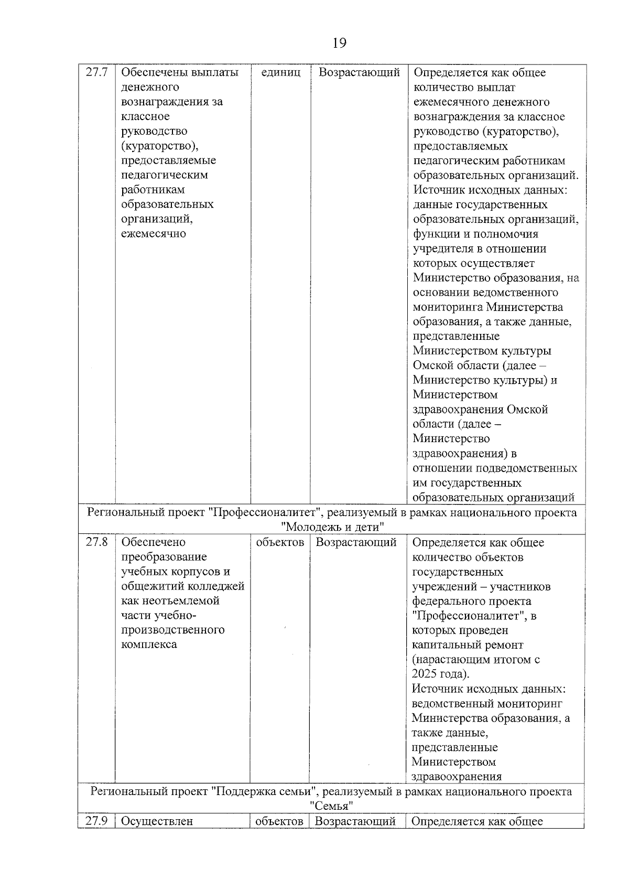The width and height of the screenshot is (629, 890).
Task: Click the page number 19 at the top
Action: tap(339, 43)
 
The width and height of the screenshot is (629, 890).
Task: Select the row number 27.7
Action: tap(96, 72)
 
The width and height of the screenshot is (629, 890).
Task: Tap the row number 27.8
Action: tap(96, 542)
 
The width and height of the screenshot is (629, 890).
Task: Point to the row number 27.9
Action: tap(96, 821)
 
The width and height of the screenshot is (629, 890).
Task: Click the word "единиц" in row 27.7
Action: tap(280, 72)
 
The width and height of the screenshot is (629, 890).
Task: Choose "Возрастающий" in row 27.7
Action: tap(359, 72)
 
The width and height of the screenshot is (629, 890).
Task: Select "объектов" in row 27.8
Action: tap(280, 542)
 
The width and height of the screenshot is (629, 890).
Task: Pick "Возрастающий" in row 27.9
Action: tap(355, 821)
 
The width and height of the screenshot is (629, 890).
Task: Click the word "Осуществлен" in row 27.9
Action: tap(157, 821)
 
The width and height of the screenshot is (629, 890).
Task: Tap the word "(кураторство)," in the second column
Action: tap(159, 146)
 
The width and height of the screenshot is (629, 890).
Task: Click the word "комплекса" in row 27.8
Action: tap(149, 645)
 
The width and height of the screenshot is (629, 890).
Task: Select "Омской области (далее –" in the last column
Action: tap(482, 366)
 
